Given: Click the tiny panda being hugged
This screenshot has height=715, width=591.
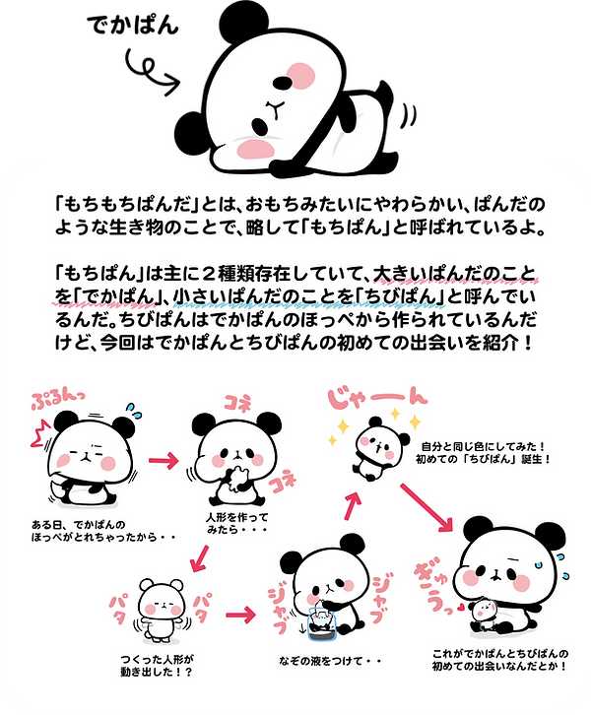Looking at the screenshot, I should (x=486, y=612).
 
